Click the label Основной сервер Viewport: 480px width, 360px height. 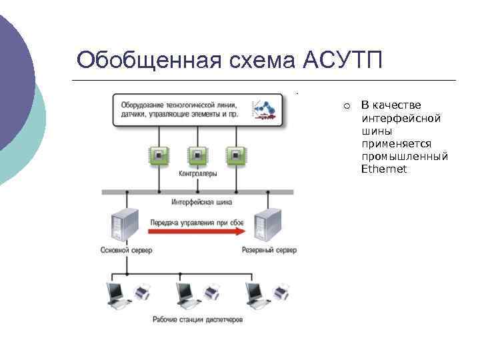pos(127,251)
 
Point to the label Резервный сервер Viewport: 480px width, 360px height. pos(269,251)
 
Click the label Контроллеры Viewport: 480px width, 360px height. pos(197,175)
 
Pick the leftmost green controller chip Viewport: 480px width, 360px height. pos(159,155)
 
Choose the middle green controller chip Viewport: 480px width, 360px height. pos(197,155)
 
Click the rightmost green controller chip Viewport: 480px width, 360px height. pos(234,155)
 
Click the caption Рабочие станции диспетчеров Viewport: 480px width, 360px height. pos(197,320)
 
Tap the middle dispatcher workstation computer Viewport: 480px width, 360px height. pos(189,295)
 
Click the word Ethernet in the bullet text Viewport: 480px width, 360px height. pos(383,169)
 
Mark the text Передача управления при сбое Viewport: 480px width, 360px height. pos(196,221)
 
